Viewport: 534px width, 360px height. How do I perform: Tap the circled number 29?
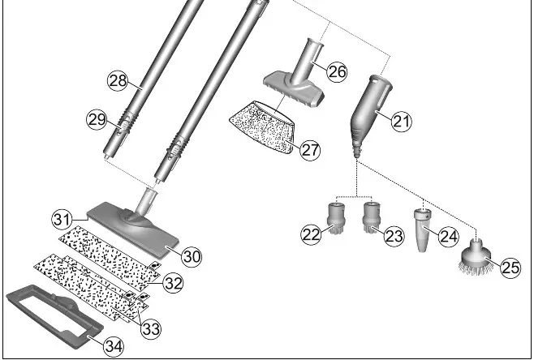(x=98, y=120)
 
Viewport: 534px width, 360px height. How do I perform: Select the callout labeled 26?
(x=337, y=71)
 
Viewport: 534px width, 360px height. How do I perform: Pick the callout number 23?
(x=394, y=235)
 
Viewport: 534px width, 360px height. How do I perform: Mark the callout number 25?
(x=510, y=268)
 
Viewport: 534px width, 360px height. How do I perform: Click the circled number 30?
(x=190, y=255)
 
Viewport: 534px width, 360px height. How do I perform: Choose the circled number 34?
(x=114, y=345)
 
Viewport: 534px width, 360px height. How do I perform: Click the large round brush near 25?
(x=476, y=258)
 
